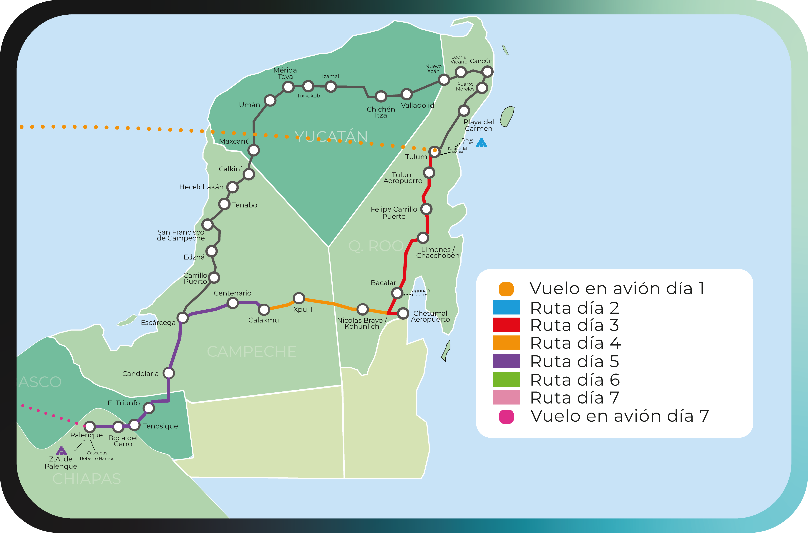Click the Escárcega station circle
point(182,318)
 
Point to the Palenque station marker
point(90,426)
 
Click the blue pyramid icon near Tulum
point(481,143)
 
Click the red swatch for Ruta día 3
point(506,325)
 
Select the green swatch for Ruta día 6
point(506,379)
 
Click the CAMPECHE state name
point(252,351)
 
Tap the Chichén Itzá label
point(381,112)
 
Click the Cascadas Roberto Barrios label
point(97,456)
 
